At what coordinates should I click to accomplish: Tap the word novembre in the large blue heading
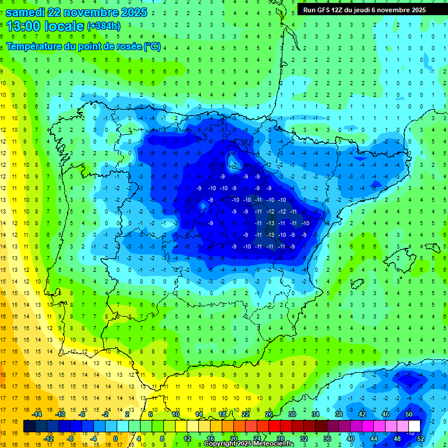pyautogui.click(x=94, y=12)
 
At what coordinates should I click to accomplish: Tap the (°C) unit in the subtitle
pyautogui.click(x=152, y=46)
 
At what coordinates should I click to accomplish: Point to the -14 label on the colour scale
pyautogui.click(x=36, y=414)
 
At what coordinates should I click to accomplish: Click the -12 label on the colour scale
pyautogui.click(x=48, y=439)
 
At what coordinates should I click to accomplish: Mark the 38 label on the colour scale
pyautogui.click(x=338, y=414)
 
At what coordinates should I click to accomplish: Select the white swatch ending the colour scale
pyautogui.click(x=415, y=426)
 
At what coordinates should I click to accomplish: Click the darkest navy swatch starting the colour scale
pyautogui.click(x=29, y=426)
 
